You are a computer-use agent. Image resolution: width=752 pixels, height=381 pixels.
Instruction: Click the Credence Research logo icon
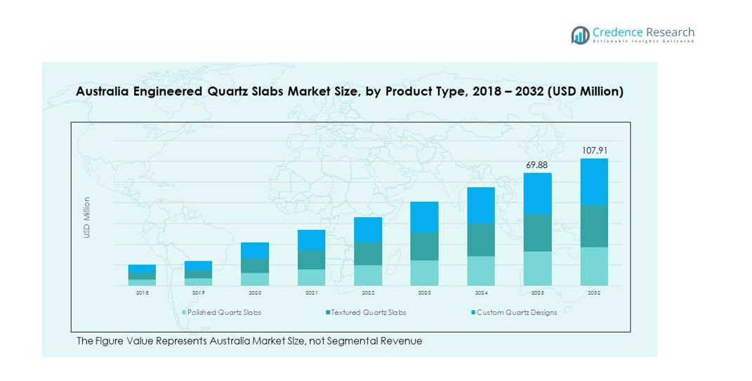click(x=580, y=35)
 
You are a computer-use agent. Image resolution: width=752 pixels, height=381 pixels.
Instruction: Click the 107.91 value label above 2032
click(x=594, y=150)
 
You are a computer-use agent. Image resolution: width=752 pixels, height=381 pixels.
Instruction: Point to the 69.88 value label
click(x=537, y=165)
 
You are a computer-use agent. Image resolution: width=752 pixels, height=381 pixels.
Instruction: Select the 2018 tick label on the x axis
click(x=142, y=292)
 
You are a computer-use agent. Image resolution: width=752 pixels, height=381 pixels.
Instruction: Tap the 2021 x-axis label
click(x=311, y=292)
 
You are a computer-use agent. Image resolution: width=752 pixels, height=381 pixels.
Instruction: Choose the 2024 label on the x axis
click(x=481, y=292)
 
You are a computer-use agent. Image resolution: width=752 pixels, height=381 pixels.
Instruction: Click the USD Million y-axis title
click(x=88, y=217)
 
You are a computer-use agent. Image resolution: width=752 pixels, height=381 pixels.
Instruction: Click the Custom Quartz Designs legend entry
click(x=516, y=313)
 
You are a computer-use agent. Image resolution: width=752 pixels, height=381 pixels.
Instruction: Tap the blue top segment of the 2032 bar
click(x=594, y=181)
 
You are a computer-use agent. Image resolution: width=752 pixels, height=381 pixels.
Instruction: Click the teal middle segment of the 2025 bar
click(x=537, y=233)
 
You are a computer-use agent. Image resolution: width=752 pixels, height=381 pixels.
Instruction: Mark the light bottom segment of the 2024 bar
click(x=481, y=271)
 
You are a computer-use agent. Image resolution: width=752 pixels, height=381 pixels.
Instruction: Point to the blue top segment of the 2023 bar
click(x=424, y=217)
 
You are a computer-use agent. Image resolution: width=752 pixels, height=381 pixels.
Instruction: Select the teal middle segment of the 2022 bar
click(x=368, y=254)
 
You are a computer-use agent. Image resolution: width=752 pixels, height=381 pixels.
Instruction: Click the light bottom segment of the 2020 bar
click(x=255, y=279)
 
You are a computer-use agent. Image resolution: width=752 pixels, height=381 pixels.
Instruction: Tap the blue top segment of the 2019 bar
click(x=198, y=265)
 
